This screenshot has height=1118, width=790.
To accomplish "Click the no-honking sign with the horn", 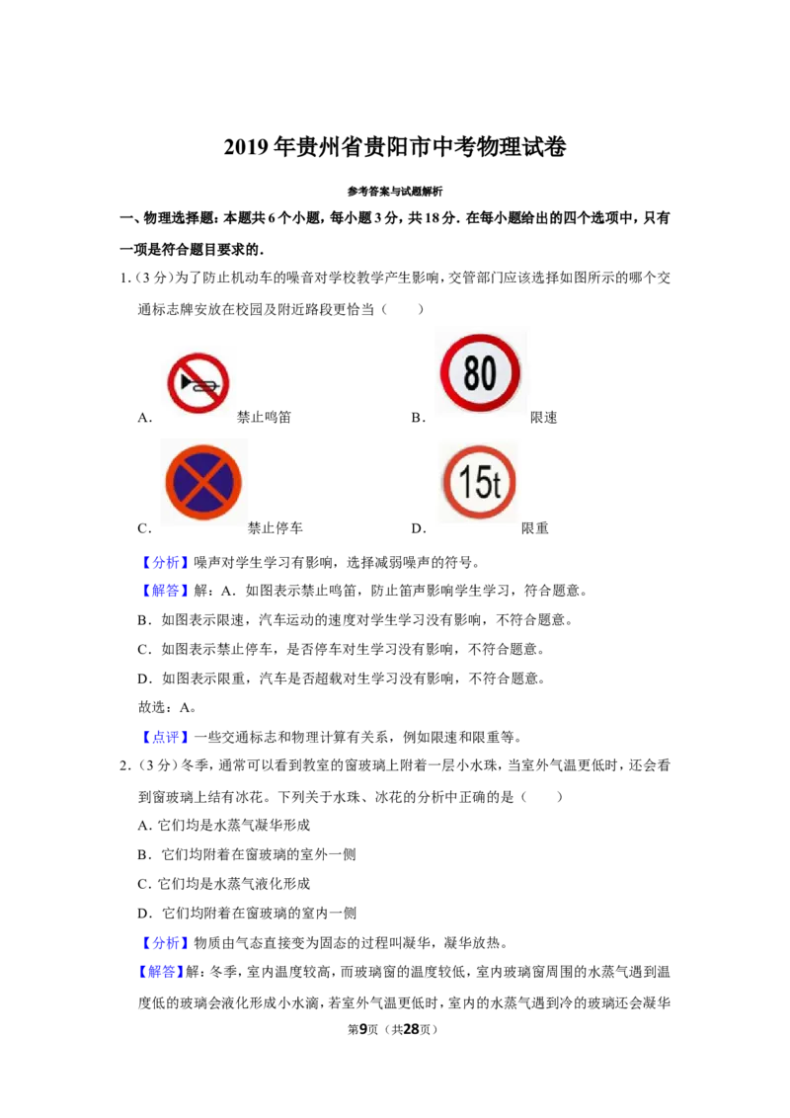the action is click(198, 383).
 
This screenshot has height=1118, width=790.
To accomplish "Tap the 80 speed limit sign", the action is click(481, 371).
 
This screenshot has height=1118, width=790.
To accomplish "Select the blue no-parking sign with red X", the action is click(203, 482).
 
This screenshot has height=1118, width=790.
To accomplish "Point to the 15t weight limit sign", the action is click(478, 482).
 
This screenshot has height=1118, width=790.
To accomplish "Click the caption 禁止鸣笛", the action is click(264, 417).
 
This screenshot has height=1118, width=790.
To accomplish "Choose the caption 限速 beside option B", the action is click(543, 417).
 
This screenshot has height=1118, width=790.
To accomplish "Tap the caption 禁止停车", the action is click(276, 527).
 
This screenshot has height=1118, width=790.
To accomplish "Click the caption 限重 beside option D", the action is click(535, 527).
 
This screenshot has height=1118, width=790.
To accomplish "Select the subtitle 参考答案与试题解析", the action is click(395, 191).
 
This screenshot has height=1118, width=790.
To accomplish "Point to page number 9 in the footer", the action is click(363, 1029).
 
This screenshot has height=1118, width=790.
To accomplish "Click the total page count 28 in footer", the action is click(412, 1029).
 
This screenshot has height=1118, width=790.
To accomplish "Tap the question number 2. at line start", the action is click(125, 765).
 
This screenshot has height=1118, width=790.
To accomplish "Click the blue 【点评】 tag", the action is click(166, 737).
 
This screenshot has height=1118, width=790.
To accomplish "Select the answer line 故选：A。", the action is click(168, 707).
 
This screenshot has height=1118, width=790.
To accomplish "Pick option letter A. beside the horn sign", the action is click(145, 418).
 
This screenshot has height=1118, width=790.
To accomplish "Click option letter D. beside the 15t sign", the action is click(419, 528).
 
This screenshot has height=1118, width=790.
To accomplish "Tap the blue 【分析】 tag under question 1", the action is click(166, 562).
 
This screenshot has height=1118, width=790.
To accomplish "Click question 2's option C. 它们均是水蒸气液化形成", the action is click(224, 883).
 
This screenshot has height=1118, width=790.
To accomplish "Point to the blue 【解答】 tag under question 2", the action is click(161, 971).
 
